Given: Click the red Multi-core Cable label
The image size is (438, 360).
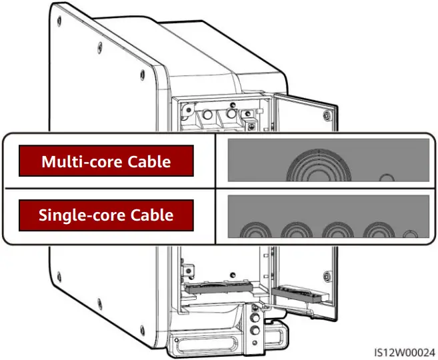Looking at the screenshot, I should [106, 161].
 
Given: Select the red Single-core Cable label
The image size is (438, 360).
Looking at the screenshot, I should [106, 215].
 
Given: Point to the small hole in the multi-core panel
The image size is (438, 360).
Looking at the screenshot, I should [385, 177].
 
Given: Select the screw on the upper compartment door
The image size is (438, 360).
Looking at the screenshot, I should [325, 115].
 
